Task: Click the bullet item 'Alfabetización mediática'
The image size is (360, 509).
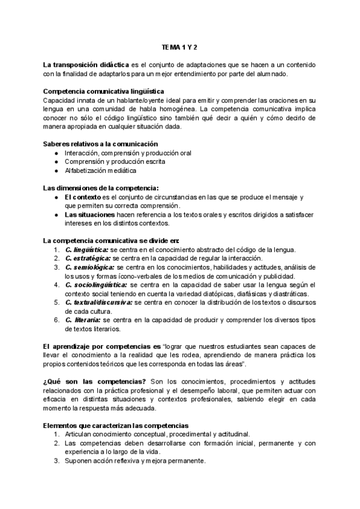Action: (x=101, y=170)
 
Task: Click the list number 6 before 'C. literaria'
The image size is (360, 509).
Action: (x=55, y=320)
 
